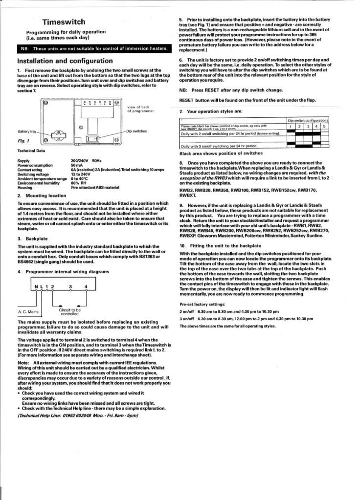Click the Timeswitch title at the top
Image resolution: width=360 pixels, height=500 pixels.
[63, 22]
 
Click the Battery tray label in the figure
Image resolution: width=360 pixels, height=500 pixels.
[27, 131]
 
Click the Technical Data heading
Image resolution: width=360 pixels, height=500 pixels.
[33, 151]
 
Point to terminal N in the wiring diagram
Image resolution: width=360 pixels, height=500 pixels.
[36, 286]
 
